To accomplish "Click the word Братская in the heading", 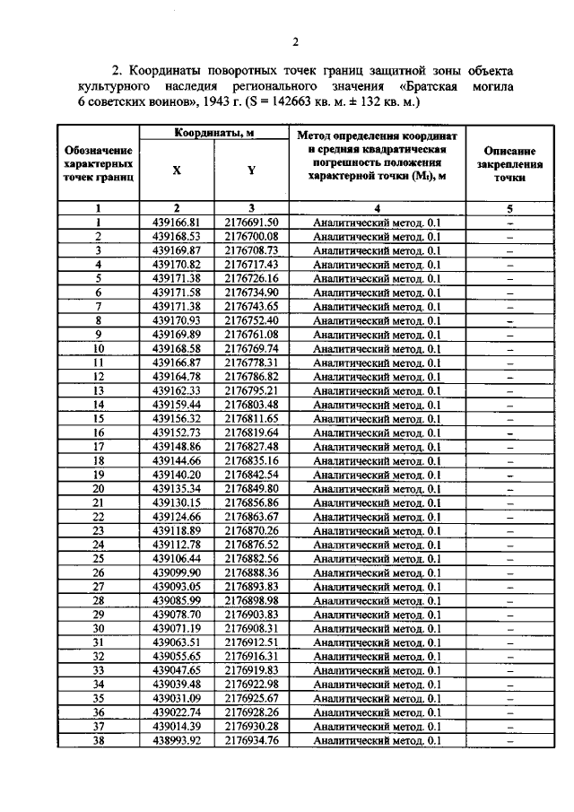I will [x=439, y=86].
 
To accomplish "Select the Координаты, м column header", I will [x=213, y=133].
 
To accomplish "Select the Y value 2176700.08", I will [x=252, y=237].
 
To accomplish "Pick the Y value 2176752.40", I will [x=252, y=320].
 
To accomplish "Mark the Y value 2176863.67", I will [x=252, y=516].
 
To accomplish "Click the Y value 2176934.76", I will [x=252, y=740].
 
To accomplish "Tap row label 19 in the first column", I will [x=98, y=475].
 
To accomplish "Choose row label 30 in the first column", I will [x=98, y=628].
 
